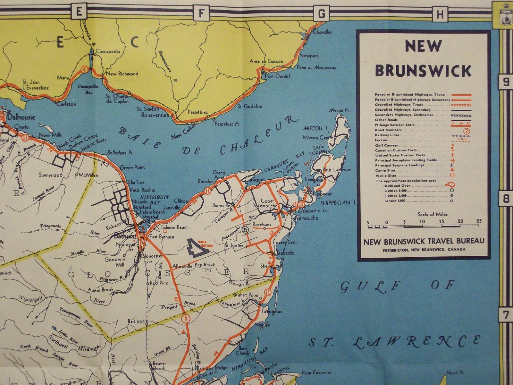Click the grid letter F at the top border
click(201, 13)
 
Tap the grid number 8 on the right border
click(506, 199)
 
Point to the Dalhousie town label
click(21, 117)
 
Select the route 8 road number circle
click(185, 319)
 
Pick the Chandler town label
click(323, 32)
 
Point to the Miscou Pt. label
click(339, 110)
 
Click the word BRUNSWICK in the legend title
click(424, 71)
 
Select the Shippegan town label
click(321, 194)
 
